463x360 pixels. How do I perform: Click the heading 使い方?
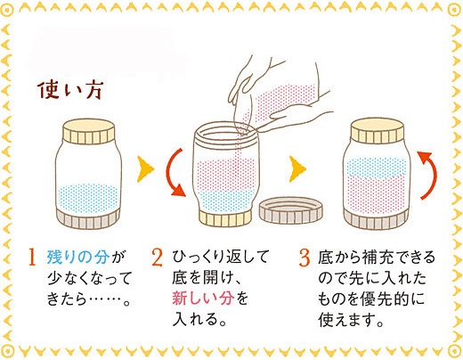70,90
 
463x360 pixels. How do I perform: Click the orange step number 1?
32,258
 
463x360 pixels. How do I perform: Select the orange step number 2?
157,258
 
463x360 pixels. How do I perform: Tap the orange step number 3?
305,258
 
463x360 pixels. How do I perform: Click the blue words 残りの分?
78,258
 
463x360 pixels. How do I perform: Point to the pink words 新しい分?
203,299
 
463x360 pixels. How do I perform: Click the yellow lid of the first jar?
89,131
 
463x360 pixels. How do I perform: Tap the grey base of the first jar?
88,219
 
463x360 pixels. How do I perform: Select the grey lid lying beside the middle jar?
291,210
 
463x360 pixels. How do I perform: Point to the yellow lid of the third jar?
378,131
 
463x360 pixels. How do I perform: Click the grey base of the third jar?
377,219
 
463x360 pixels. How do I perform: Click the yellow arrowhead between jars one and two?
145,169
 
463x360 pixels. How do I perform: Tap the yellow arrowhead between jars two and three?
297,169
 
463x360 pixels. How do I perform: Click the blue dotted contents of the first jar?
89,198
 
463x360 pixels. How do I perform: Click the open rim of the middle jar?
225,131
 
